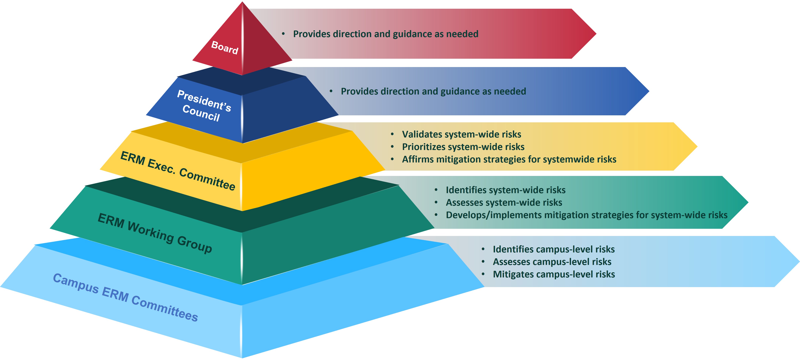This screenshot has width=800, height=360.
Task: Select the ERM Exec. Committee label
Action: pyautogui.click(x=178, y=170)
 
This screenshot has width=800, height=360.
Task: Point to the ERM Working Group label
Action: pyautogui.click(x=155, y=233)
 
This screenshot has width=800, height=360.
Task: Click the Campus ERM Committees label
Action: pyautogui.click(x=125, y=297)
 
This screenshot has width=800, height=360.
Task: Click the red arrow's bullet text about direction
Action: pyautogui.click(x=385, y=34)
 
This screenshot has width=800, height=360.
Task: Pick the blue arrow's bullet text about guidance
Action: pyautogui.click(x=433, y=91)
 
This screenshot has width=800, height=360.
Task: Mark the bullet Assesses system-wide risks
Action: pyautogui.click(x=504, y=202)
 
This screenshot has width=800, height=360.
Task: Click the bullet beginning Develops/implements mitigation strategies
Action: pyautogui.click(x=586, y=215)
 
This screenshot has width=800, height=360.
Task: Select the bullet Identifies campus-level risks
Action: pyautogui.click(x=553, y=249)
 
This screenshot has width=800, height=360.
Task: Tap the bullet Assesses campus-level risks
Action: pyautogui.click(x=552, y=262)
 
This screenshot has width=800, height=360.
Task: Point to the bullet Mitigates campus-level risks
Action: pyautogui.click(x=554, y=274)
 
